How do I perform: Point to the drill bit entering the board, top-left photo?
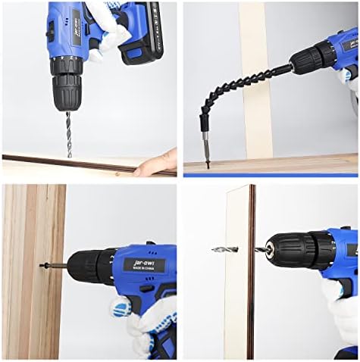coord(69,136)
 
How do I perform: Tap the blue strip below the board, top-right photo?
coord(269,173)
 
